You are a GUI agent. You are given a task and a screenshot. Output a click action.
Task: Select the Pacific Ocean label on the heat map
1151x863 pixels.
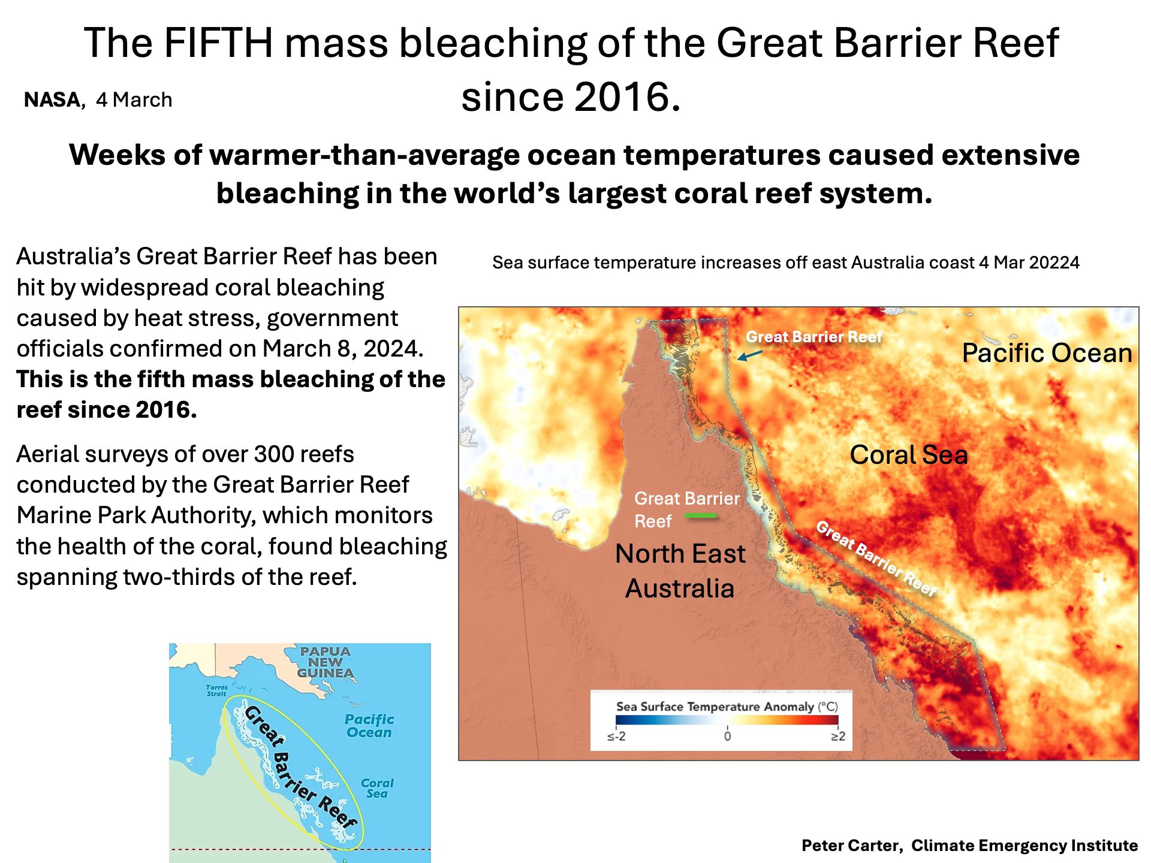(x=1047, y=353)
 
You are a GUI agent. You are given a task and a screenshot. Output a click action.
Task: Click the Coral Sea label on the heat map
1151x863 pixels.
(x=909, y=455)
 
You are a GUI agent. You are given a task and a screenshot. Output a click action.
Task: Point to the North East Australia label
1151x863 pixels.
(x=680, y=571)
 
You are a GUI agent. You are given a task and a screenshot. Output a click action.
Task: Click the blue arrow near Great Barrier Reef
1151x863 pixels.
(x=749, y=355)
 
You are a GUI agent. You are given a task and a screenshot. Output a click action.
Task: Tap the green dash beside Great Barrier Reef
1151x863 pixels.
(x=701, y=515)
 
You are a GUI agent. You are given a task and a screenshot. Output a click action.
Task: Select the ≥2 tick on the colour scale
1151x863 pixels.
(x=838, y=736)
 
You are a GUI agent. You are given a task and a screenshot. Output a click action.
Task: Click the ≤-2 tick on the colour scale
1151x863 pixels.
(x=616, y=736)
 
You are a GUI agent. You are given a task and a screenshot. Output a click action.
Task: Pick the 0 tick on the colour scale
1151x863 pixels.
(x=727, y=736)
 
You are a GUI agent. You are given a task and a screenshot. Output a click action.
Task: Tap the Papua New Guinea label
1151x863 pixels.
(x=326, y=662)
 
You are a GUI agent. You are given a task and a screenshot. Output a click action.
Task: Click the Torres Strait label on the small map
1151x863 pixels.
(x=216, y=690)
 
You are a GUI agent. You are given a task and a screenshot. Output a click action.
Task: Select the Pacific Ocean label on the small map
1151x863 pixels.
(x=369, y=725)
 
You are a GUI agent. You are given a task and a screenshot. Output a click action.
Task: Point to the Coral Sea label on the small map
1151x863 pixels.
(x=377, y=788)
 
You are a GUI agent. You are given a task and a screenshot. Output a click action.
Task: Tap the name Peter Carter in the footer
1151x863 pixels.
(x=851, y=846)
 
